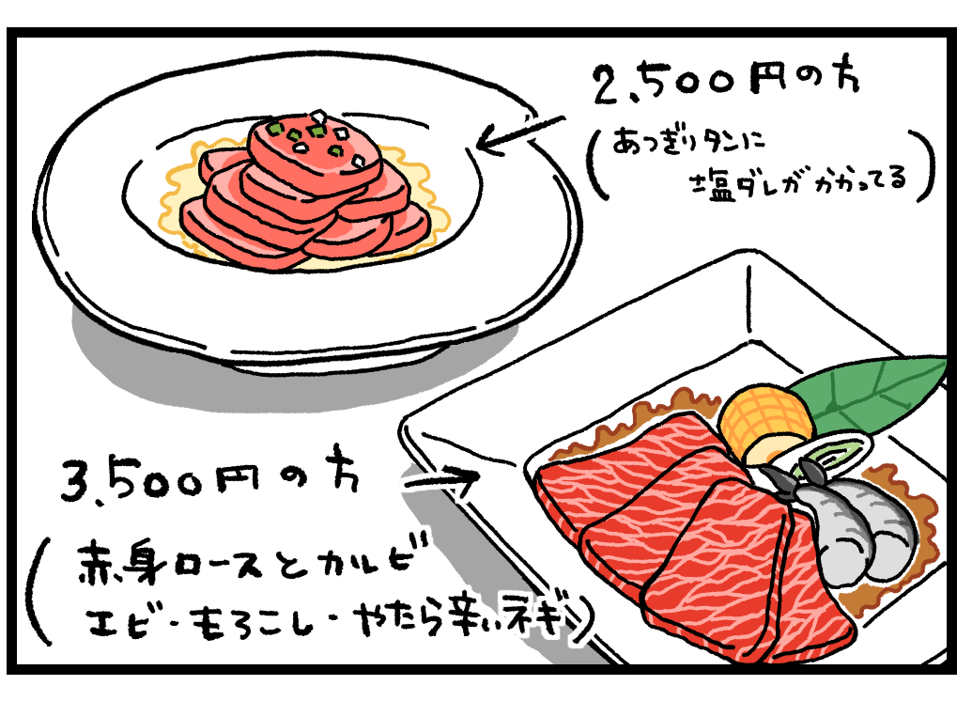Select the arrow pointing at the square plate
(x=441, y=479)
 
